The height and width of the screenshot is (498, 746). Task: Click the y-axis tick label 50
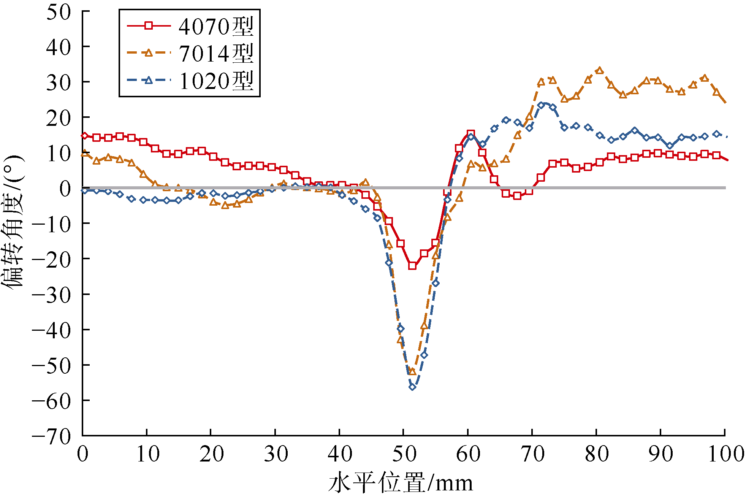(59, 12)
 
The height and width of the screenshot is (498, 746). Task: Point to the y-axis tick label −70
(52, 436)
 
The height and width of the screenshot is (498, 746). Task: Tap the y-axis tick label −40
(52, 330)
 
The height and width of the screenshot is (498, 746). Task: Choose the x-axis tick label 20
(211, 454)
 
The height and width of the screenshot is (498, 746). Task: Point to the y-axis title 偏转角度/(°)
(13, 222)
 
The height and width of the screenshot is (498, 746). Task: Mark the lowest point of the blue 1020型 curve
(412, 387)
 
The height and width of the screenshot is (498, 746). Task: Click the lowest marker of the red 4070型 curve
(412, 266)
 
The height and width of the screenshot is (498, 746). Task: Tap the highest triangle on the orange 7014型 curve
(600, 70)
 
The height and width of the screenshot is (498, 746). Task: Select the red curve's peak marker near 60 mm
(471, 134)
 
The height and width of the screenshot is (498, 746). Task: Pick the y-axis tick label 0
(65, 189)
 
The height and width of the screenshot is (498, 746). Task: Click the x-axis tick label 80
(597, 454)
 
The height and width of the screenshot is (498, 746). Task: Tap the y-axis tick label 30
(59, 82)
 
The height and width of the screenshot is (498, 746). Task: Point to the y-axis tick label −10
(52, 224)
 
